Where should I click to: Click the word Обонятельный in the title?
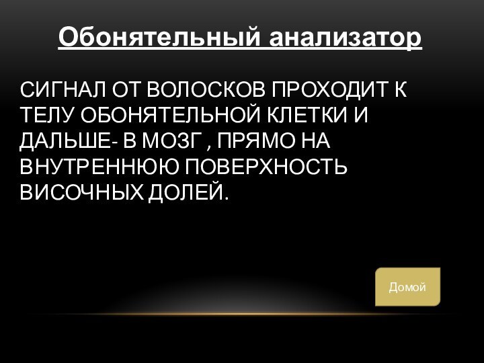(x=161, y=37)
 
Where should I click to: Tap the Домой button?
(x=407, y=287)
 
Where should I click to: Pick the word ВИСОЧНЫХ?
(x=79, y=194)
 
